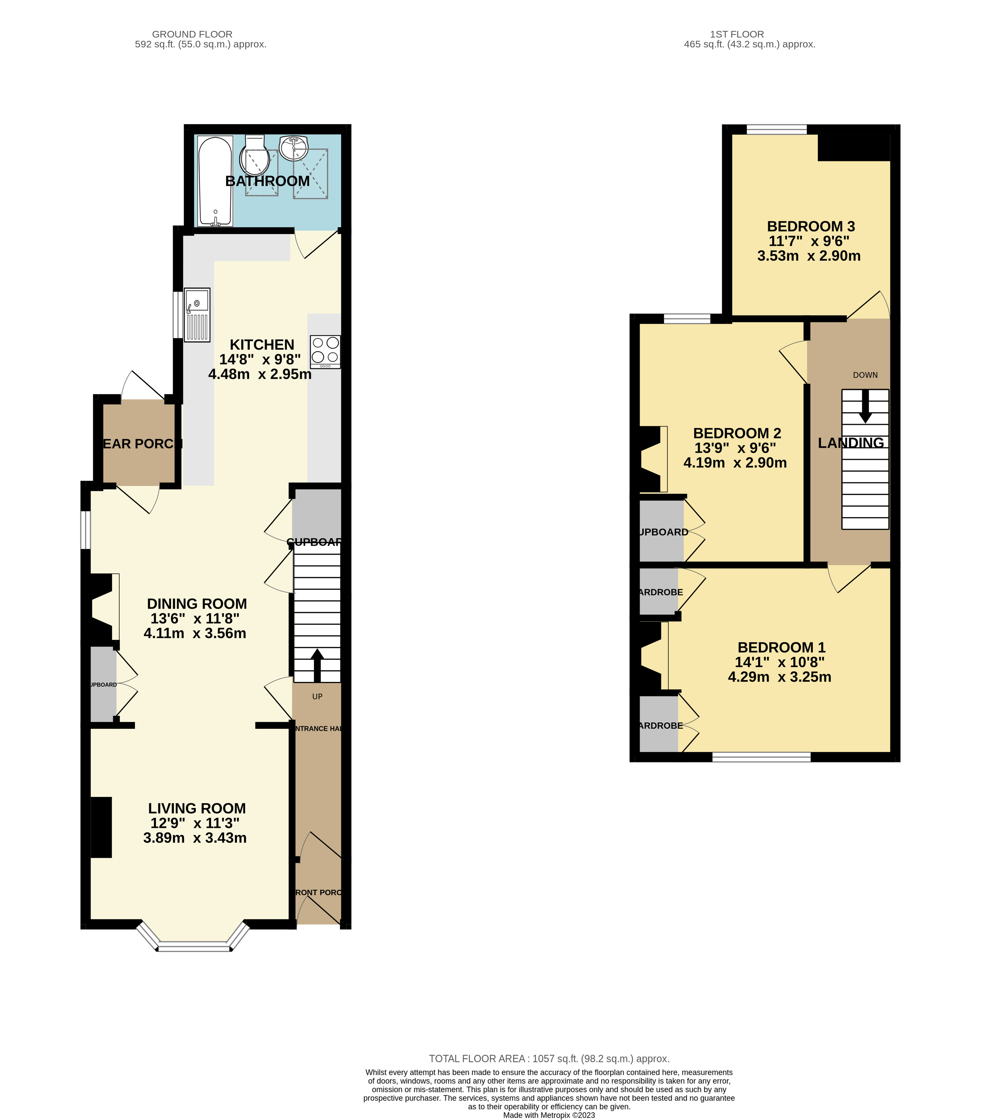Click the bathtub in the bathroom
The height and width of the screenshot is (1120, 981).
[x=215, y=181]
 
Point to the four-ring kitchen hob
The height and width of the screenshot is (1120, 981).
[x=325, y=351]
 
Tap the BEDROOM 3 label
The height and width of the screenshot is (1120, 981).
[x=811, y=226]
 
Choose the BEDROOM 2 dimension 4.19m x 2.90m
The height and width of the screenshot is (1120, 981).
[x=735, y=463]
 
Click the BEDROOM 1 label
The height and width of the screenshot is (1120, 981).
[x=781, y=648]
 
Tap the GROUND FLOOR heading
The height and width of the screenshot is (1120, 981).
[x=192, y=34]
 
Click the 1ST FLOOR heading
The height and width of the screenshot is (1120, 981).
[x=737, y=34]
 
